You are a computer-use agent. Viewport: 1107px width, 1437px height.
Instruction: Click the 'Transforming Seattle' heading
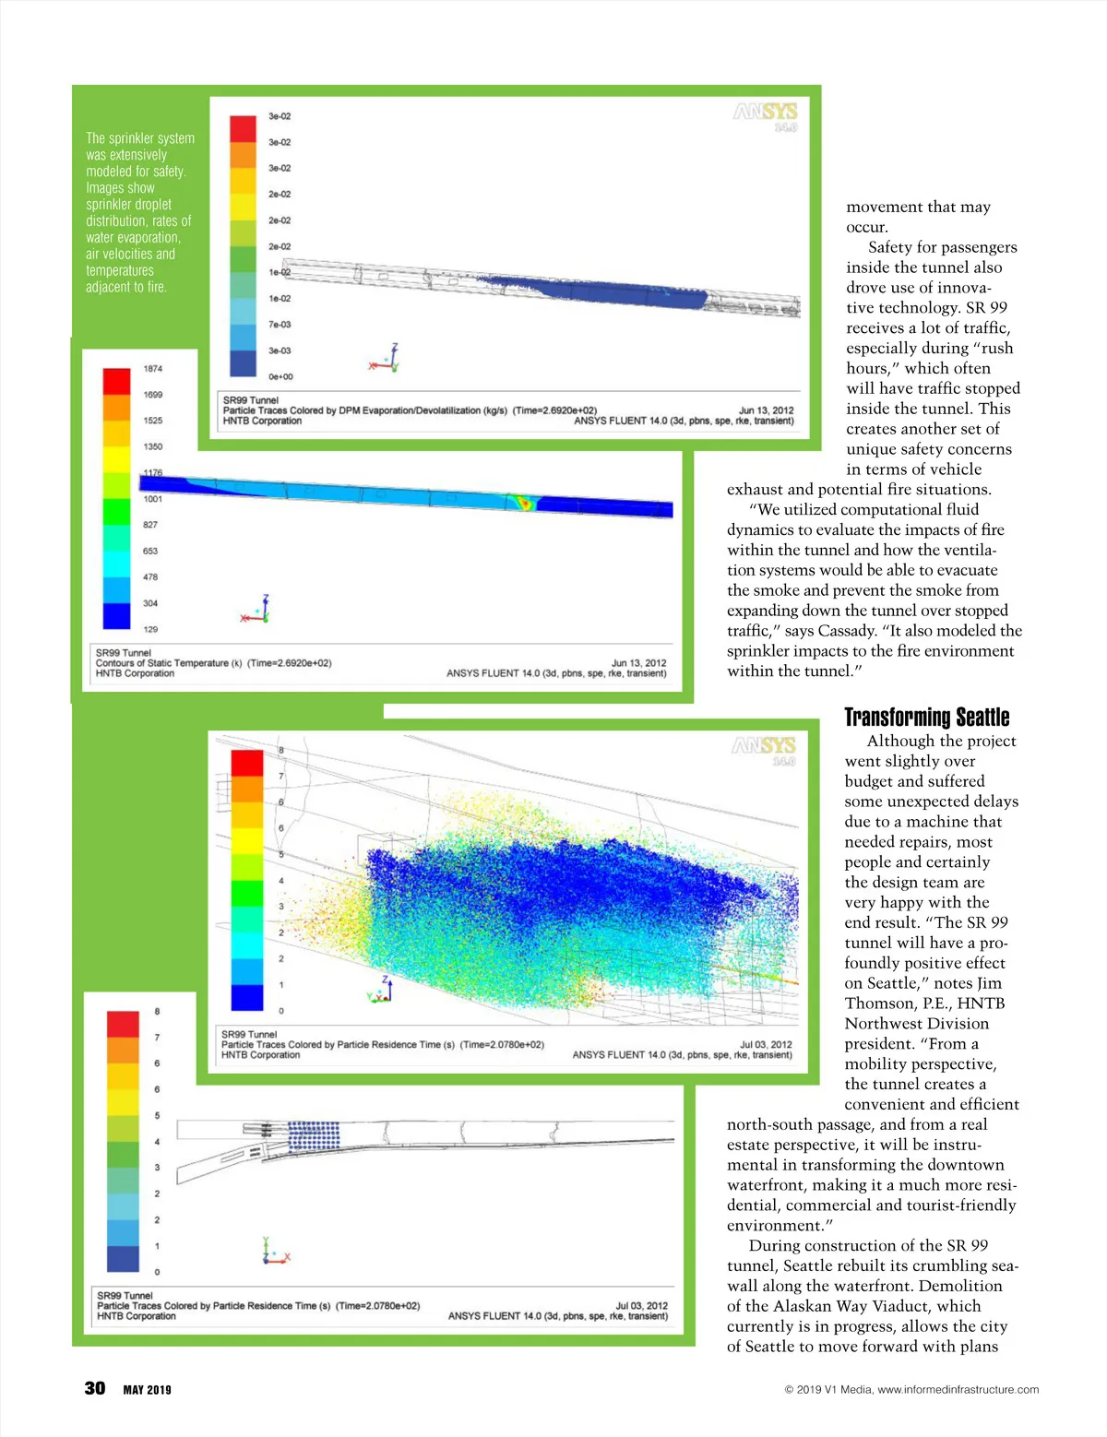[x=926, y=718]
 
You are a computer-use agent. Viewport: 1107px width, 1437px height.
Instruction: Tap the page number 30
[x=95, y=1388]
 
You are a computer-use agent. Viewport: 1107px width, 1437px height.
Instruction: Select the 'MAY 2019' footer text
[x=148, y=1390]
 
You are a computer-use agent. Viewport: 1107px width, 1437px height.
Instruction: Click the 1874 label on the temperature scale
[x=152, y=369]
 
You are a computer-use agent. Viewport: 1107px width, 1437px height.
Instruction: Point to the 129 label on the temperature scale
[x=150, y=629]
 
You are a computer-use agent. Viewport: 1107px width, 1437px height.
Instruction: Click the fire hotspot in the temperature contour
[x=523, y=503]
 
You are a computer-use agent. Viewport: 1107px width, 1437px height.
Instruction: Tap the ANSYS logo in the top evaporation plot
[x=765, y=113]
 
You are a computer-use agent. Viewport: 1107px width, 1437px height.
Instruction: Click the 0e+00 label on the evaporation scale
[x=280, y=376]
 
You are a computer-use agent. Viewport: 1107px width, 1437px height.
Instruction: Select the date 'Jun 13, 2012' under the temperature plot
[x=638, y=662]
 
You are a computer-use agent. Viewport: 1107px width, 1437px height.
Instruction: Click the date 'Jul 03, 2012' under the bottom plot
[x=642, y=1305]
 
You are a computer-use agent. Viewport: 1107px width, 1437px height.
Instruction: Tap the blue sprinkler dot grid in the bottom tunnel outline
[x=314, y=1136]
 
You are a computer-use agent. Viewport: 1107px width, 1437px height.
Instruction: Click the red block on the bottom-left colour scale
[x=123, y=1024]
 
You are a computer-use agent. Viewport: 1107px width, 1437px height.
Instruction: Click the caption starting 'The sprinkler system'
[x=140, y=212]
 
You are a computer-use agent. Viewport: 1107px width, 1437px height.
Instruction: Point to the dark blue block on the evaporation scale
[x=243, y=363]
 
